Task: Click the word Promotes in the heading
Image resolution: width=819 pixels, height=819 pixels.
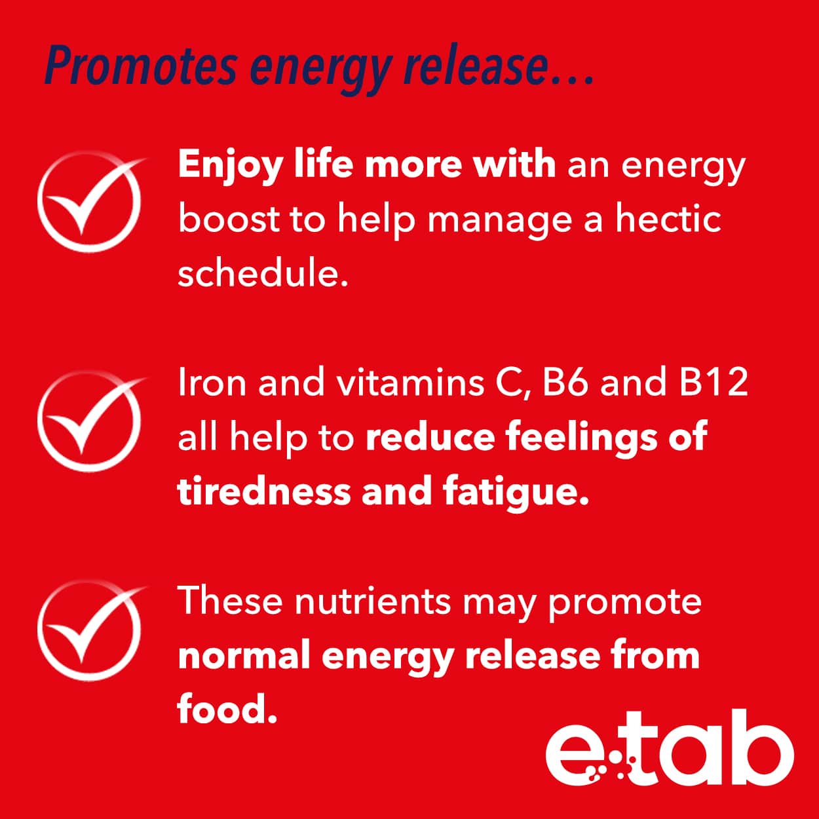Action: pos(141,66)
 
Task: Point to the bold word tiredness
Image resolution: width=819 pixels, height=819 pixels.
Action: pos(264,490)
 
